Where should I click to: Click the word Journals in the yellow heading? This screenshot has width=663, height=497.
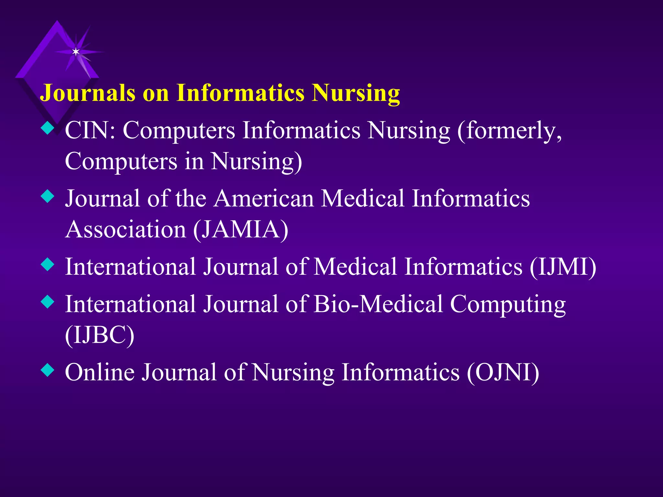point(87,93)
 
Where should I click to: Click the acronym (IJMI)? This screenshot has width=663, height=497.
point(563,267)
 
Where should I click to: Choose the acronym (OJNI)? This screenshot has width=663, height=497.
point(503,372)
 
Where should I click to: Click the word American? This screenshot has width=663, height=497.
point(264,198)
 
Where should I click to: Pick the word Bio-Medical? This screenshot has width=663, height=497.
point(378,304)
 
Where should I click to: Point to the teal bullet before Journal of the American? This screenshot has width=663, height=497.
point(48,196)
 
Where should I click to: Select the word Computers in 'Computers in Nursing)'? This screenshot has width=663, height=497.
point(121,161)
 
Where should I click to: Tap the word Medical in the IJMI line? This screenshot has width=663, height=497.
point(355,267)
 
